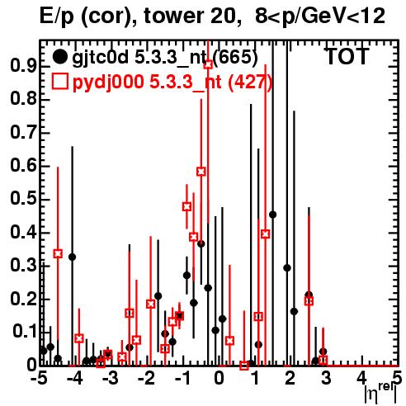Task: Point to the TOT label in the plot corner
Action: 347,56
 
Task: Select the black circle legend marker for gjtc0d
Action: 59,57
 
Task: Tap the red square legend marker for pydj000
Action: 59,82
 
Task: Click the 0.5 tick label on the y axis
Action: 23,199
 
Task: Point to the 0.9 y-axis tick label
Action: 23,66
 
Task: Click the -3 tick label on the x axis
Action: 110,379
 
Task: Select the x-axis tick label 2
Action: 290,379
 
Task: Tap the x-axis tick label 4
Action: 361,379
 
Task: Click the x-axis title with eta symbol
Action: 380,394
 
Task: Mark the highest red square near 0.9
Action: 208,64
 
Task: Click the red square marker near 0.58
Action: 201,172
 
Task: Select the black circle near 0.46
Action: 272,215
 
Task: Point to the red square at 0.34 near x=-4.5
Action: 58,253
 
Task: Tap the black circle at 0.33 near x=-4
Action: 72,257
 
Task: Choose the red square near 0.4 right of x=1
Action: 266,234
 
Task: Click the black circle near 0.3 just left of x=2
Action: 287,268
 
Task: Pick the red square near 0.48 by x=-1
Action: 186,206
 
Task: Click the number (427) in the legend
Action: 251,82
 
